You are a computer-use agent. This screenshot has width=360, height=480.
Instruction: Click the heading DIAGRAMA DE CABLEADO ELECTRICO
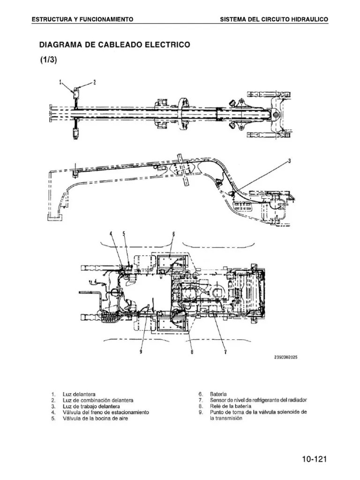114,45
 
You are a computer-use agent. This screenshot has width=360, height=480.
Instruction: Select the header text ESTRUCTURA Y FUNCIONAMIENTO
82,19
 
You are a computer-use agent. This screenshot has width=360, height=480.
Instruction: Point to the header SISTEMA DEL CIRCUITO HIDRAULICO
274,19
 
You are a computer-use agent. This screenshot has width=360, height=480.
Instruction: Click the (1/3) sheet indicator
48,61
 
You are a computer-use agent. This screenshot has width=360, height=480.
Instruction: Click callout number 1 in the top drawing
60,82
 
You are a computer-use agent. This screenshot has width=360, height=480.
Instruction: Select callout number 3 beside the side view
289,161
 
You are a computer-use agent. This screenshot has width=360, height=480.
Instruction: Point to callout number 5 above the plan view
124,233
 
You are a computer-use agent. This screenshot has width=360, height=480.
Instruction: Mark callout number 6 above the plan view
173,233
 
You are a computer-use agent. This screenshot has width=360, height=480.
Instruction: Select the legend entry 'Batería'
218,394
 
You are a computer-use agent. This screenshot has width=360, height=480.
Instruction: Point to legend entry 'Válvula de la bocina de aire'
95,419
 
